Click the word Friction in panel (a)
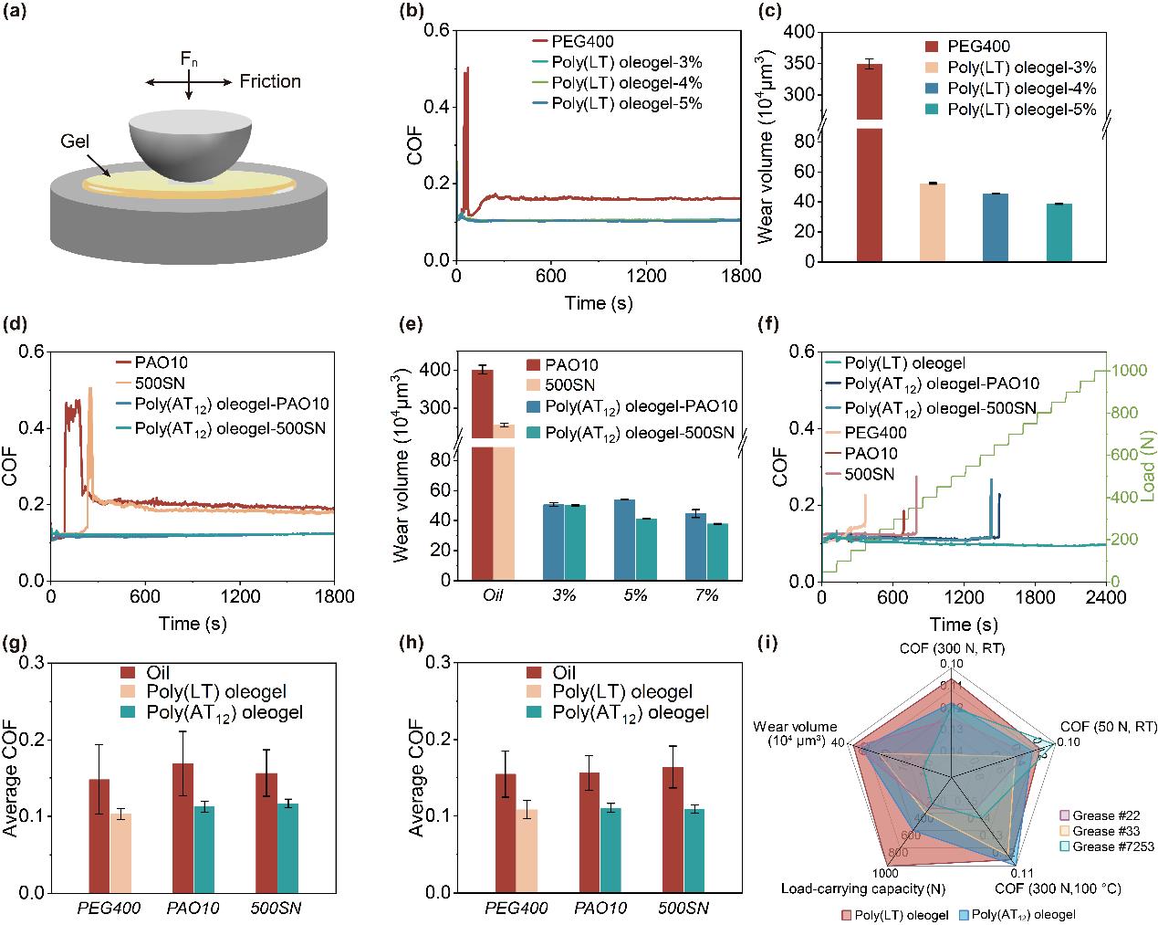tap(270, 82)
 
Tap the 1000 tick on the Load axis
tap(1128, 370)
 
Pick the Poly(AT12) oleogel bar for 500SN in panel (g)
tap(287, 847)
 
